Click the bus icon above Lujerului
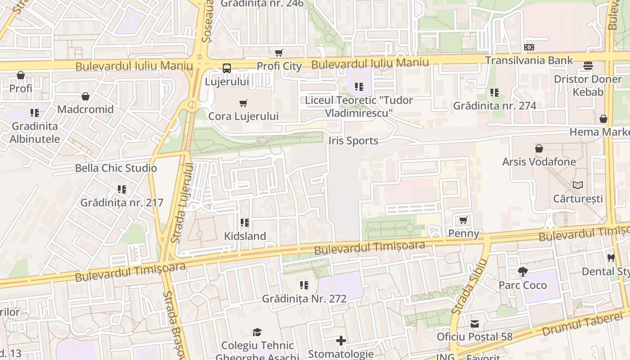point(227,68)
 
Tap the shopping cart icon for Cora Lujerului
point(243,103)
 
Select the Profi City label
point(279,66)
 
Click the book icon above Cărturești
point(578,185)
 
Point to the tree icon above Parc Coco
point(522,272)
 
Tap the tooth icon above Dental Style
point(611,258)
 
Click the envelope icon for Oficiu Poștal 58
point(475,324)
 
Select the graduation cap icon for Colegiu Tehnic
point(257,333)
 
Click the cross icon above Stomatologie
point(341,341)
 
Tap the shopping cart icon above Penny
point(463,220)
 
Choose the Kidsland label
point(245,236)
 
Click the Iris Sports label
point(353,141)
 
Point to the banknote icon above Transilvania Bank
point(529,47)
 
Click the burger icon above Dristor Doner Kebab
point(588,66)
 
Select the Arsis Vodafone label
point(539,162)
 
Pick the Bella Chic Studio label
point(116,168)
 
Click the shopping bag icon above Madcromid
point(85,96)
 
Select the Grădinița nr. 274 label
point(495,106)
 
